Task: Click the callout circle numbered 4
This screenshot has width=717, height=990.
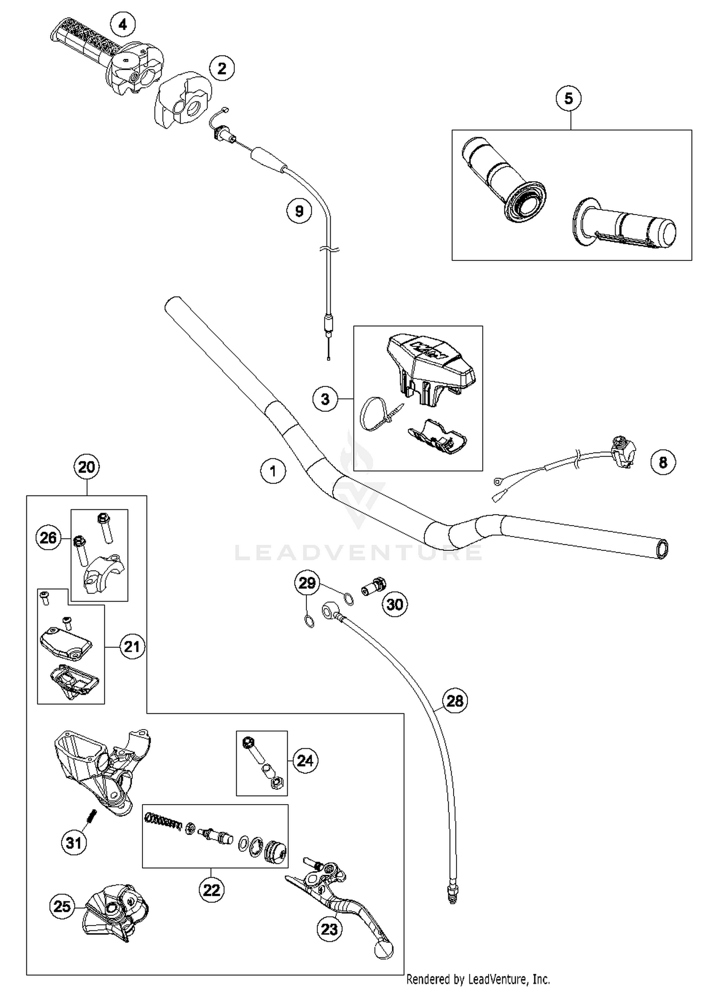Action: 123,24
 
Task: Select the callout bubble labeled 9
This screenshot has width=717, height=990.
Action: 299,211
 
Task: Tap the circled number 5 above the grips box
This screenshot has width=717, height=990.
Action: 568,98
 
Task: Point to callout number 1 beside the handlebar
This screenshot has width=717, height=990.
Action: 273,472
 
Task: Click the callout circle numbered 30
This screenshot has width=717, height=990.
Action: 394,604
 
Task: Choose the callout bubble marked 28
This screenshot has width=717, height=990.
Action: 455,701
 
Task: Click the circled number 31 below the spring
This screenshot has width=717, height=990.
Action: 74,843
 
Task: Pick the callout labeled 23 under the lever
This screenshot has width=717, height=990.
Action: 329,929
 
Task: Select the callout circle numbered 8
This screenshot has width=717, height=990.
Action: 663,462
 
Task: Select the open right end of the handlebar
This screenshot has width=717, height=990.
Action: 663,549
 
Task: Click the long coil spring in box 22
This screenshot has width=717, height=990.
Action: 164,821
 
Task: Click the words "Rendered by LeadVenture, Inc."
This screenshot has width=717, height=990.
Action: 478,979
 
